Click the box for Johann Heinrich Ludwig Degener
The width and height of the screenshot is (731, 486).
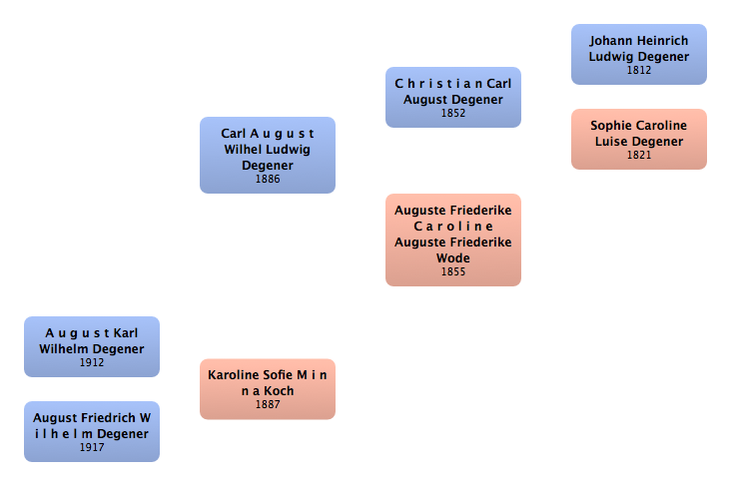click(638, 54)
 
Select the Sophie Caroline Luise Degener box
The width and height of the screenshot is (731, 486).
click(638, 139)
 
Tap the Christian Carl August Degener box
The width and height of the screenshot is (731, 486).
click(453, 97)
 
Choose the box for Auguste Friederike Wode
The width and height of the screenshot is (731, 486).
click(453, 240)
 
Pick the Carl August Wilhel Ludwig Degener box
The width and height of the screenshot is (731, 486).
click(268, 155)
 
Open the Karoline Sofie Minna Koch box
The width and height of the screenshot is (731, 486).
click(268, 388)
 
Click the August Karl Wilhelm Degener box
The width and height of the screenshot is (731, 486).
click(92, 346)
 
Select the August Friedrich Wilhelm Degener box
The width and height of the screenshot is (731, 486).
click(92, 431)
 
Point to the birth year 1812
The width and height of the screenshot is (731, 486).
click(639, 71)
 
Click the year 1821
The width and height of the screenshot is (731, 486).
click(639, 156)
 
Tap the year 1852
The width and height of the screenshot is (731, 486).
click(453, 114)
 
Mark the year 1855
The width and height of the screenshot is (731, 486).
click(453, 272)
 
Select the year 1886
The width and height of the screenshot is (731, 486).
click(268, 180)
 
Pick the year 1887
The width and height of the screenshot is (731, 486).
click(268, 405)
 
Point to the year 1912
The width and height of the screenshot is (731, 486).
click(92, 363)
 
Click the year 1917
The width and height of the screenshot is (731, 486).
click(92, 448)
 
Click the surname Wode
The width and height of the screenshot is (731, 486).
click(453, 258)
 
